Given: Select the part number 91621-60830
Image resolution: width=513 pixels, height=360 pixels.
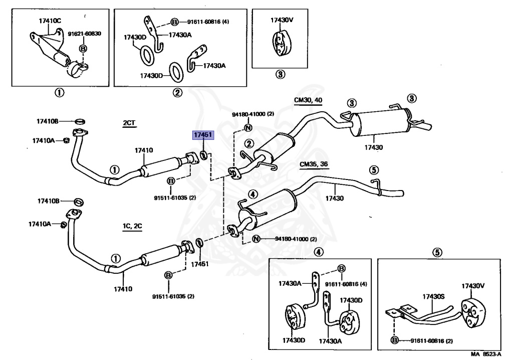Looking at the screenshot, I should [84, 34].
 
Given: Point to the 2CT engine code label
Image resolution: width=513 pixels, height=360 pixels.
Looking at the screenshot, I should [129, 123].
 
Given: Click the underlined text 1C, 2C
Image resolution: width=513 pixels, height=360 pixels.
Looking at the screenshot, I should [132, 226].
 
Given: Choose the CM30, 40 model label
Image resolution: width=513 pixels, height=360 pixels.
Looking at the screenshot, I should [308, 100].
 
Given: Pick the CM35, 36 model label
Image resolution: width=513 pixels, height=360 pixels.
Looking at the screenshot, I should [314, 164].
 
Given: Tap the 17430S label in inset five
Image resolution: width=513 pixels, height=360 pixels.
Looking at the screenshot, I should [433, 296].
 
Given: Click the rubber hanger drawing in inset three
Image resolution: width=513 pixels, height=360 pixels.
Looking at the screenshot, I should [280, 44].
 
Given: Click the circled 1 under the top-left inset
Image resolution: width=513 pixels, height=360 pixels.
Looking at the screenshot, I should [59, 92].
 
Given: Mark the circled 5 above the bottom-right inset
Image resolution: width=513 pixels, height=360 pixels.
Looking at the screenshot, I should [437, 253].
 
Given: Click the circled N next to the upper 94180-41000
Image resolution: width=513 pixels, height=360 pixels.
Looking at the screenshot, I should [248, 127].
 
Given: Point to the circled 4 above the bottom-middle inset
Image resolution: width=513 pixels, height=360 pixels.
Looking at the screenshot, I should [319, 252].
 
